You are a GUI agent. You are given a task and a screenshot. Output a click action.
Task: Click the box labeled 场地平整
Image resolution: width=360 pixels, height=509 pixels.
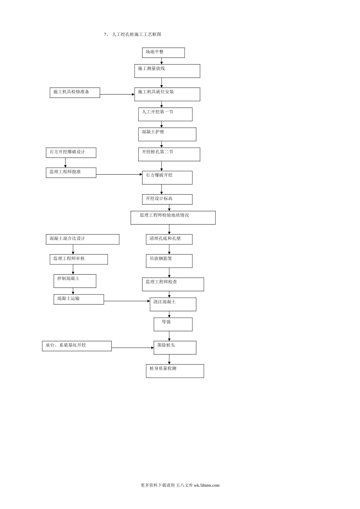click(163, 53)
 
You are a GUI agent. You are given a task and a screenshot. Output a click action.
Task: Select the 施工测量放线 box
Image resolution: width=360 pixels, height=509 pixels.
click(167, 71)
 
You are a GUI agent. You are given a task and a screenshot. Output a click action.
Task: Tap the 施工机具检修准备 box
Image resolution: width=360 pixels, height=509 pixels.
click(75, 92)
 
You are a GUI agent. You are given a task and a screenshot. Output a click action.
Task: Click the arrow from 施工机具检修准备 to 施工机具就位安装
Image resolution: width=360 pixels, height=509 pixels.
click(117, 94)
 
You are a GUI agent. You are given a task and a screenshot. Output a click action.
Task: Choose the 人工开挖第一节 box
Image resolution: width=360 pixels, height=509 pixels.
click(165, 114)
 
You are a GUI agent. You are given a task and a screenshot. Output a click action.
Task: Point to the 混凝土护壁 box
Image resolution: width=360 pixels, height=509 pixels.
click(167, 134)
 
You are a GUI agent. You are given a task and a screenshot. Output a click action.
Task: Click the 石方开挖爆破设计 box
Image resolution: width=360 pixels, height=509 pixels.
click(71, 153)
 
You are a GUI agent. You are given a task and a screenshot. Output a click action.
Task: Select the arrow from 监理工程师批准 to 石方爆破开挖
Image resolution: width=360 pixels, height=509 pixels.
click(119, 174)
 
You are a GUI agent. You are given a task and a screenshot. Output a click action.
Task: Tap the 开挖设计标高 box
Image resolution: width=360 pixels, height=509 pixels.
click(167, 199)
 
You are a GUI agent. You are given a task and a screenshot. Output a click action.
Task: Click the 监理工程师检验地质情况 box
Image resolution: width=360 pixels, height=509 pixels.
click(173, 218)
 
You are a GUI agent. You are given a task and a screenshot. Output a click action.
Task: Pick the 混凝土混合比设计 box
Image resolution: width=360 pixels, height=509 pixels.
click(82, 239)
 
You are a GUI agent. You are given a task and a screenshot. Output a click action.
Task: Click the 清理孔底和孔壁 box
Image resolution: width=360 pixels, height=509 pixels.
click(169, 239)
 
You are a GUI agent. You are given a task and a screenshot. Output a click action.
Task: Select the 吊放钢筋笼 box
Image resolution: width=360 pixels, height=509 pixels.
click(169, 261)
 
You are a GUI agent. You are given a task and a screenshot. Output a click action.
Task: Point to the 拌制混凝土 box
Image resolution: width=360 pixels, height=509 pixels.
click(75, 281)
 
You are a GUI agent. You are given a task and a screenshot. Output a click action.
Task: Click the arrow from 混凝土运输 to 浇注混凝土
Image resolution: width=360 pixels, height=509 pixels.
click(127, 301)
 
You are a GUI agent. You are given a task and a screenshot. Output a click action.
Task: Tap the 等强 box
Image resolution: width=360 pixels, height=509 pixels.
click(173, 324)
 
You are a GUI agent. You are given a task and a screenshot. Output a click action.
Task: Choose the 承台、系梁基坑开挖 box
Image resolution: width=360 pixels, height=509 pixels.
click(77, 346)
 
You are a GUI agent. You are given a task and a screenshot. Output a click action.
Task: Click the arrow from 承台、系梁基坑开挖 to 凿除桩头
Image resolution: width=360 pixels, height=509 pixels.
click(133, 347)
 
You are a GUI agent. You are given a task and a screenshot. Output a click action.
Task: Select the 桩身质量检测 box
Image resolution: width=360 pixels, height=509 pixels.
click(175, 371)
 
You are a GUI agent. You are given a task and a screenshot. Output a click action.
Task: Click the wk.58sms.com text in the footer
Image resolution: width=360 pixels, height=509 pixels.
click(207, 485)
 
